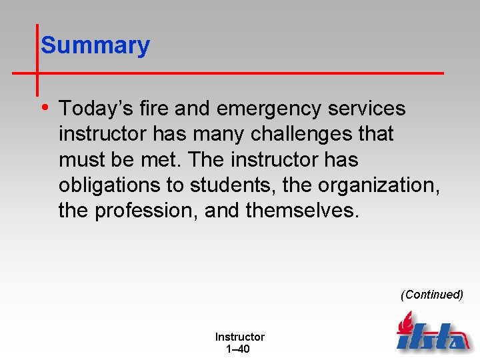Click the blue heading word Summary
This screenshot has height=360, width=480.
click(95, 46)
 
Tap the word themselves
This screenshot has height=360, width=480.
click(302, 211)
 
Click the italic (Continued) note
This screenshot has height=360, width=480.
click(431, 295)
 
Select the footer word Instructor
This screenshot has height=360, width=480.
click(239, 337)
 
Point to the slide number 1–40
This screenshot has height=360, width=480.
click(238, 349)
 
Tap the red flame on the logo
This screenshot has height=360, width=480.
click(405, 323)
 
